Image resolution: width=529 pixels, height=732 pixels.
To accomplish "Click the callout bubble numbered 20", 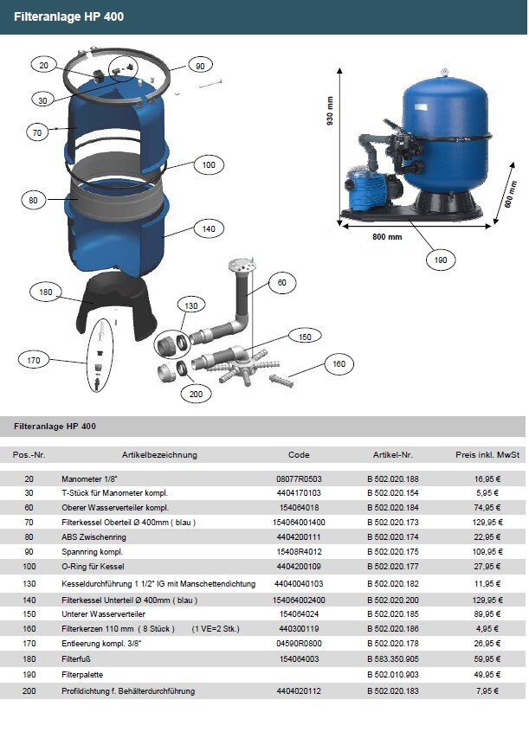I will (x=44, y=64).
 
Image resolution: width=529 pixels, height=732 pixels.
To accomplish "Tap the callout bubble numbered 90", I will (x=199, y=66).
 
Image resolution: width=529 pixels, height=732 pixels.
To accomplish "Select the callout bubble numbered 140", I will (x=209, y=230).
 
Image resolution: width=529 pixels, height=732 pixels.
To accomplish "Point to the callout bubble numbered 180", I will (x=46, y=292).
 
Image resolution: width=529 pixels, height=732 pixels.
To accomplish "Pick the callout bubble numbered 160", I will (x=339, y=364).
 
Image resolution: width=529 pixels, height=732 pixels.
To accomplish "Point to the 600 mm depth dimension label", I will (x=511, y=196).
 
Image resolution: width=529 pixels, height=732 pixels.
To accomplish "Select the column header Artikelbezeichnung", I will (x=159, y=455).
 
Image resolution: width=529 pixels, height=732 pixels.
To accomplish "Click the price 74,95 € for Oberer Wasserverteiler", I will (x=487, y=507).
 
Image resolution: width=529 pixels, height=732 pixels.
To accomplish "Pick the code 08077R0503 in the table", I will (x=299, y=478).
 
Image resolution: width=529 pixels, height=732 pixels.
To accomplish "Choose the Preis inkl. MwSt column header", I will (x=487, y=455).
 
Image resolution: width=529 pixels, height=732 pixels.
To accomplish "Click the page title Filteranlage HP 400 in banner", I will (x=62, y=16).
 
